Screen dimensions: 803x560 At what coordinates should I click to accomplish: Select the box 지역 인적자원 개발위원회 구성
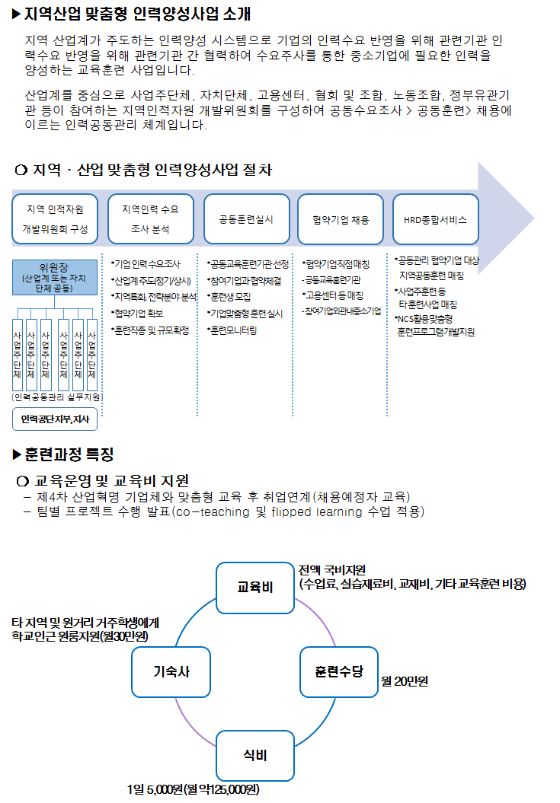click(56, 218)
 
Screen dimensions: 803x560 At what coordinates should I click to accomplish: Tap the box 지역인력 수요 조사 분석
click(150, 218)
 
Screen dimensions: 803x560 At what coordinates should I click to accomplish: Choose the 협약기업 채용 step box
click(341, 219)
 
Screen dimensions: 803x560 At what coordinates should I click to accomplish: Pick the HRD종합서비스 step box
click(435, 219)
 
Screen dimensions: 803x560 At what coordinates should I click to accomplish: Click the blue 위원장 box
click(55, 278)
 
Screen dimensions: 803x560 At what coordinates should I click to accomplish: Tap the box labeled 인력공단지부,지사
click(55, 419)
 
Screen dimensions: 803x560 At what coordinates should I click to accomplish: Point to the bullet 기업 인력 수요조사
click(146, 264)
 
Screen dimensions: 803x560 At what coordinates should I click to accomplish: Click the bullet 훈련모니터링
click(232, 330)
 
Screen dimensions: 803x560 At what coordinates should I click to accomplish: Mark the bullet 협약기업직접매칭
click(336, 264)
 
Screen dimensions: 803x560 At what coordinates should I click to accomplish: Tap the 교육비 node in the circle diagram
click(255, 587)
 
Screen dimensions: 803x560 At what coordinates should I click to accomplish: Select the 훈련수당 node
click(339, 672)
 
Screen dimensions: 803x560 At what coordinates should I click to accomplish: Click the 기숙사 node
click(171, 672)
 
